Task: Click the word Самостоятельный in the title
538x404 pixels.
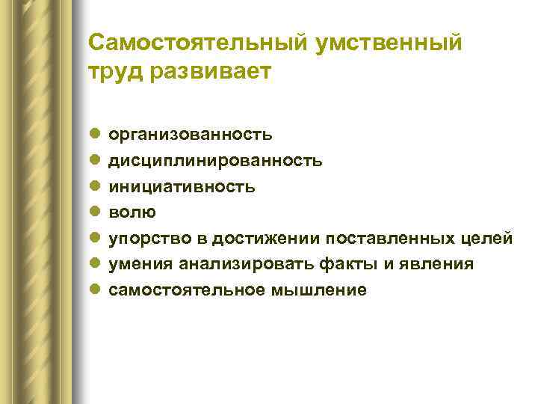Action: (x=194, y=43)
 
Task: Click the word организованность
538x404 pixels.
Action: (x=191, y=135)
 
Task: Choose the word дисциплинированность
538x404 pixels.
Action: (x=216, y=161)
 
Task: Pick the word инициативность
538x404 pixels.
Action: (x=182, y=186)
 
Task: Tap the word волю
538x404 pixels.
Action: (x=133, y=212)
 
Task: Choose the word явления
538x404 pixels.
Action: (x=436, y=264)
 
